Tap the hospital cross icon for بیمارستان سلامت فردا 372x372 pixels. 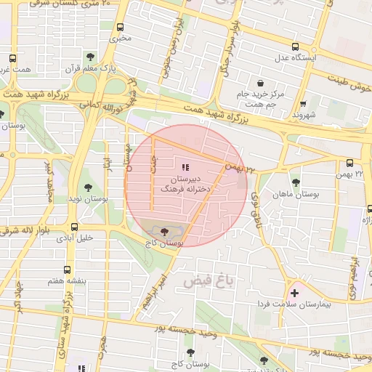pos(294,293)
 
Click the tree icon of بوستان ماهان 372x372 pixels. pos(295,183)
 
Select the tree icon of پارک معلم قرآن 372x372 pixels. pos(90,55)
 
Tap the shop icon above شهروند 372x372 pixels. pos(303,103)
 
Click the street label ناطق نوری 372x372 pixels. pos(256,206)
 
